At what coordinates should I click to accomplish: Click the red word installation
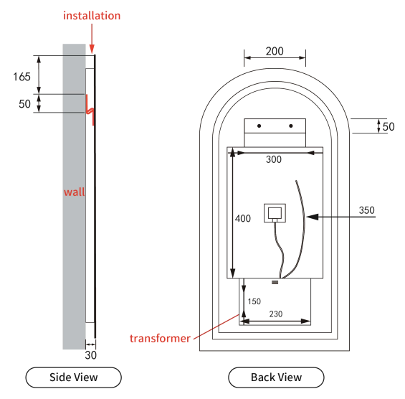[x=92, y=16]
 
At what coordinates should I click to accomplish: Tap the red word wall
[x=75, y=192]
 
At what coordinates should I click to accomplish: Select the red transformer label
[x=160, y=339]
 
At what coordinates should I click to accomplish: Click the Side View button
[x=74, y=377]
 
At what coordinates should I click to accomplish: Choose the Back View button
[x=276, y=377]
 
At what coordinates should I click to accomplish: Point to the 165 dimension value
[x=22, y=77]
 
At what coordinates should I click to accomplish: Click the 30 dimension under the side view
[x=90, y=355]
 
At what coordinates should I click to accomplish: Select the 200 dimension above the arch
[x=275, y=51]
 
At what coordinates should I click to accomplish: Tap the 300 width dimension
[x=274, y=159]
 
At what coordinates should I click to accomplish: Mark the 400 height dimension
[x=243, y=218]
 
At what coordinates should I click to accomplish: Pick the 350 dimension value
[x=366, y=210]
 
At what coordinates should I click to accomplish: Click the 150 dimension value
[x=254, y=301]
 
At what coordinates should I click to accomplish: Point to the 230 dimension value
[x=276, y=314]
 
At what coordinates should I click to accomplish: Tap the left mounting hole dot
[x=259, y=126]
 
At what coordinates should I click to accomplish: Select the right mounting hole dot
[x=291, y=126]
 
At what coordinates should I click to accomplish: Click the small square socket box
[x=275, y=213]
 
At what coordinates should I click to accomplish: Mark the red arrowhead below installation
[x=92, y=49]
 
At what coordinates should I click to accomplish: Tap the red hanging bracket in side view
[x=90, y=110]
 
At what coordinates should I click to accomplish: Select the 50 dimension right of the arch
[x=389, y=127]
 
